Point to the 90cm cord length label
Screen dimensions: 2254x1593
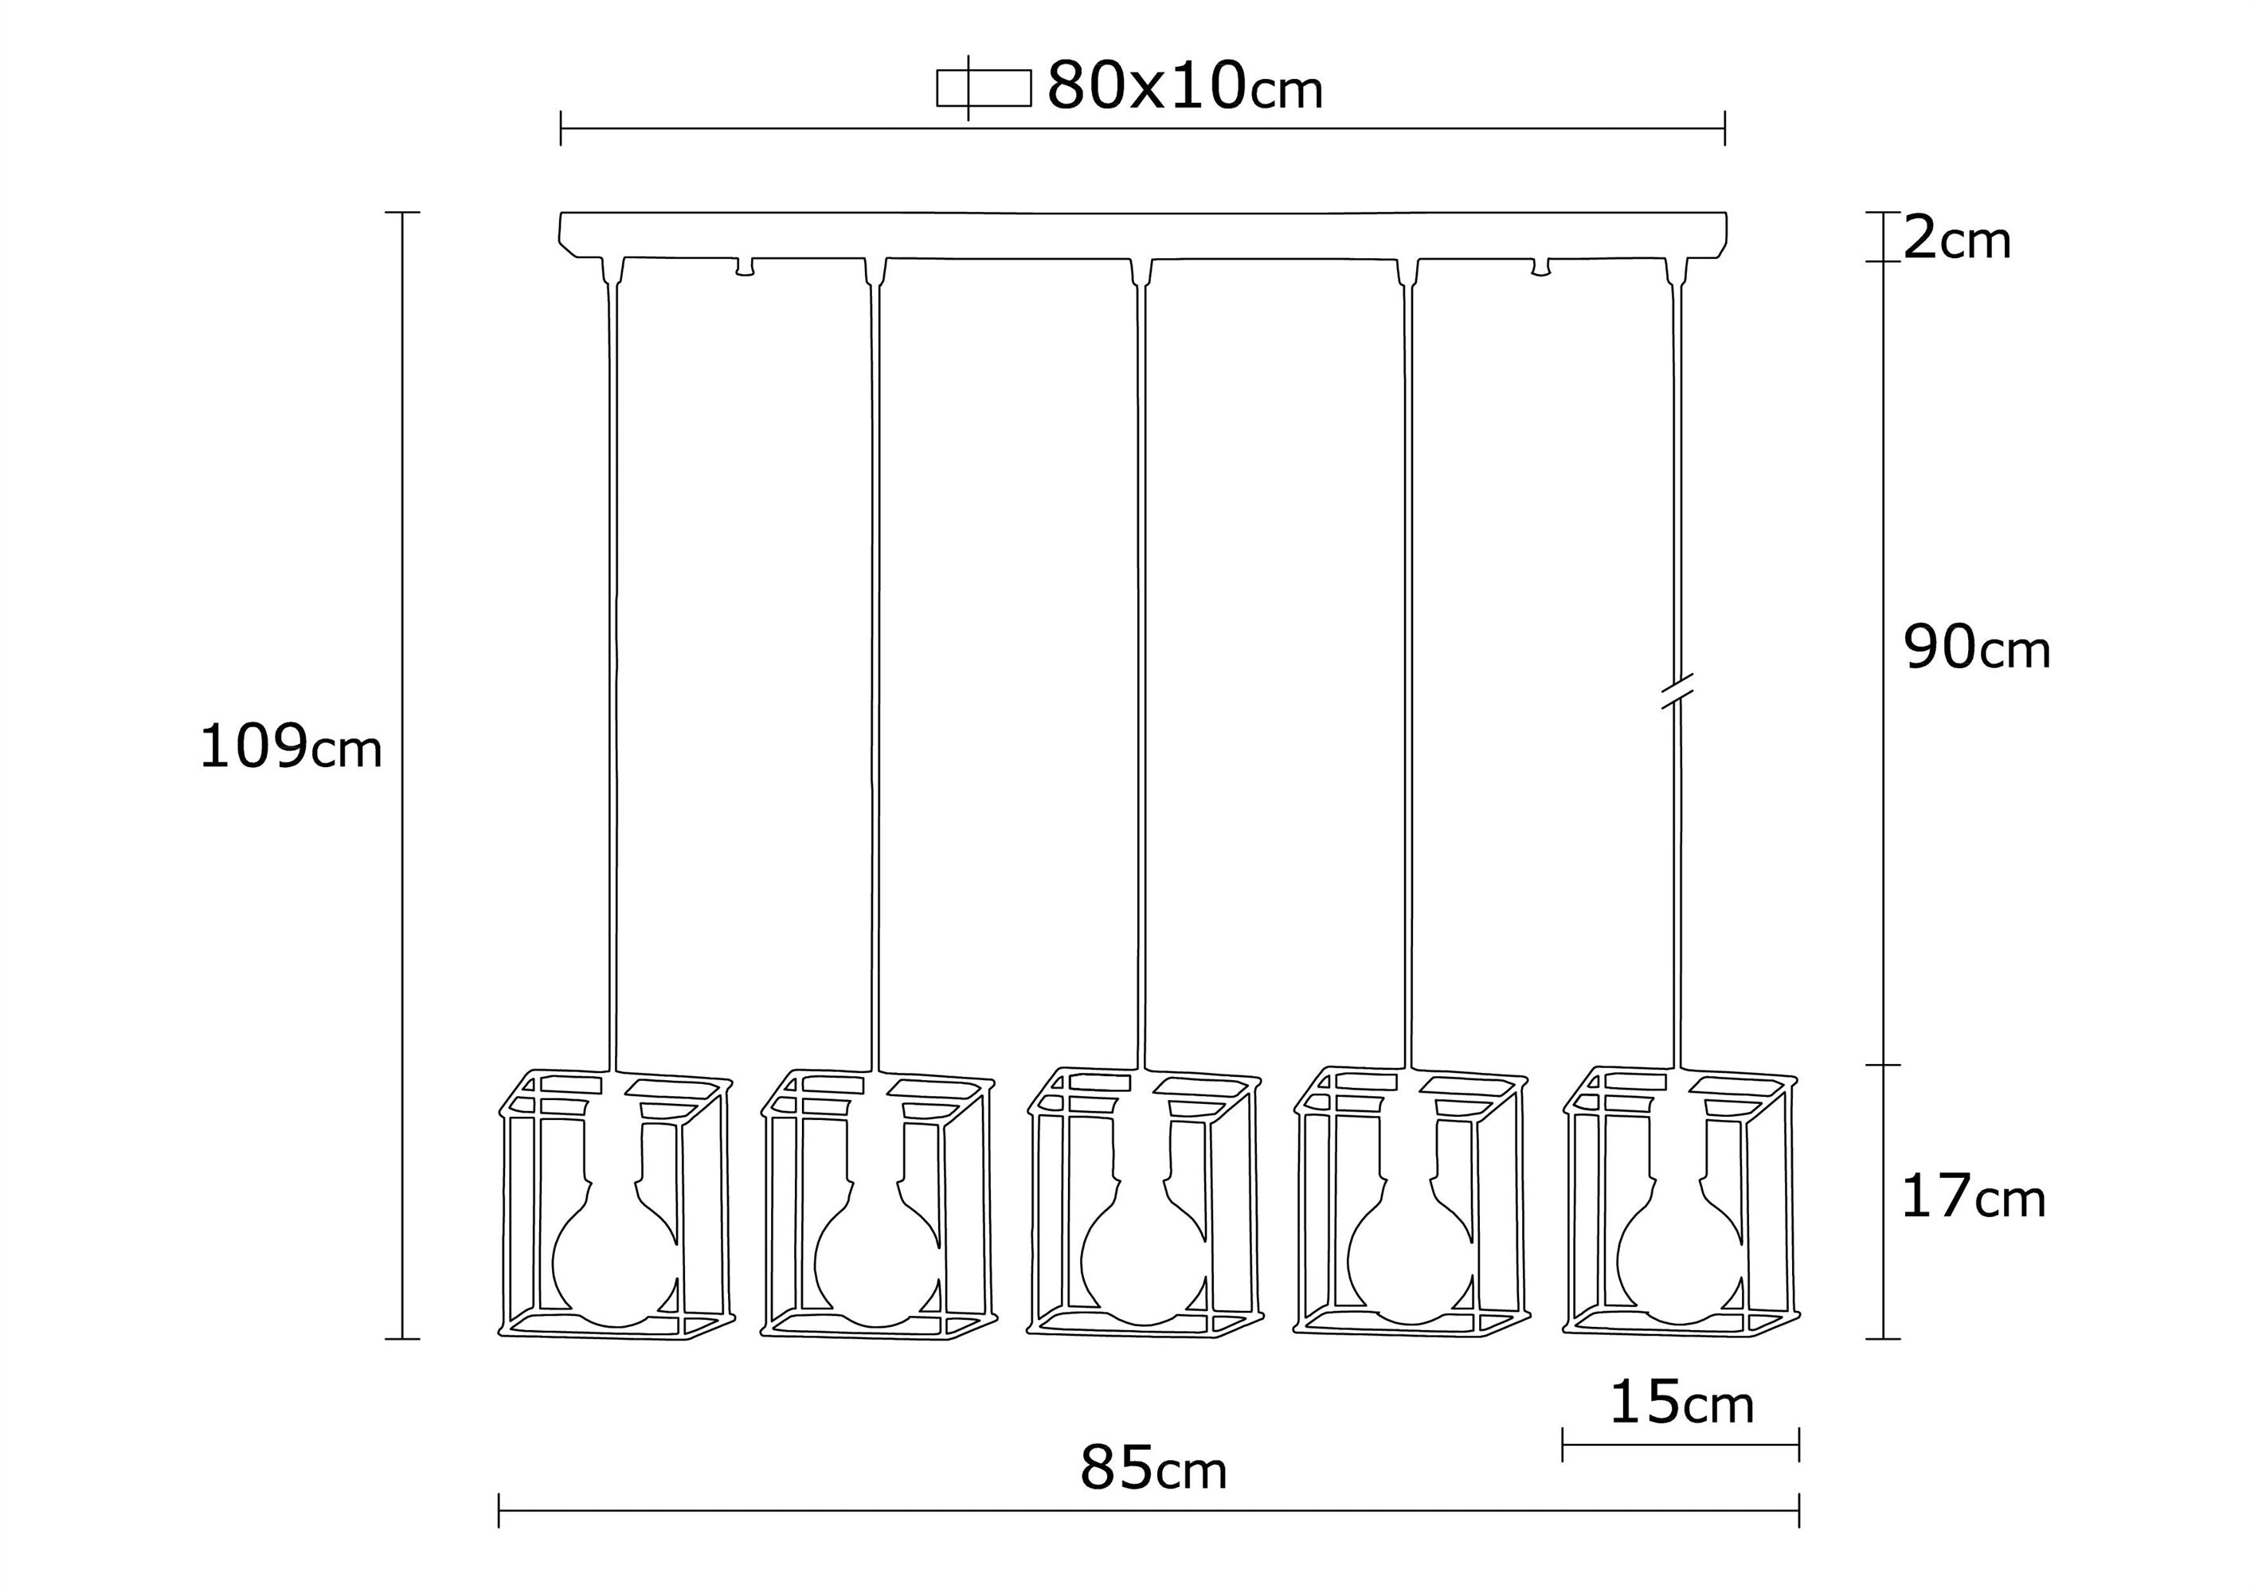click(x=1977, y=648)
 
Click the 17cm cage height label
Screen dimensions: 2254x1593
click(x=1973, y=1197)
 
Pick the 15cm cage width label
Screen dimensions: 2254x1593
click(x=1681, y=1403)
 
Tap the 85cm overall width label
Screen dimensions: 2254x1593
click(x=1153, y=1470)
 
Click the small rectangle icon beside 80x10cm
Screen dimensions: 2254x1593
click(x=983, y=88)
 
